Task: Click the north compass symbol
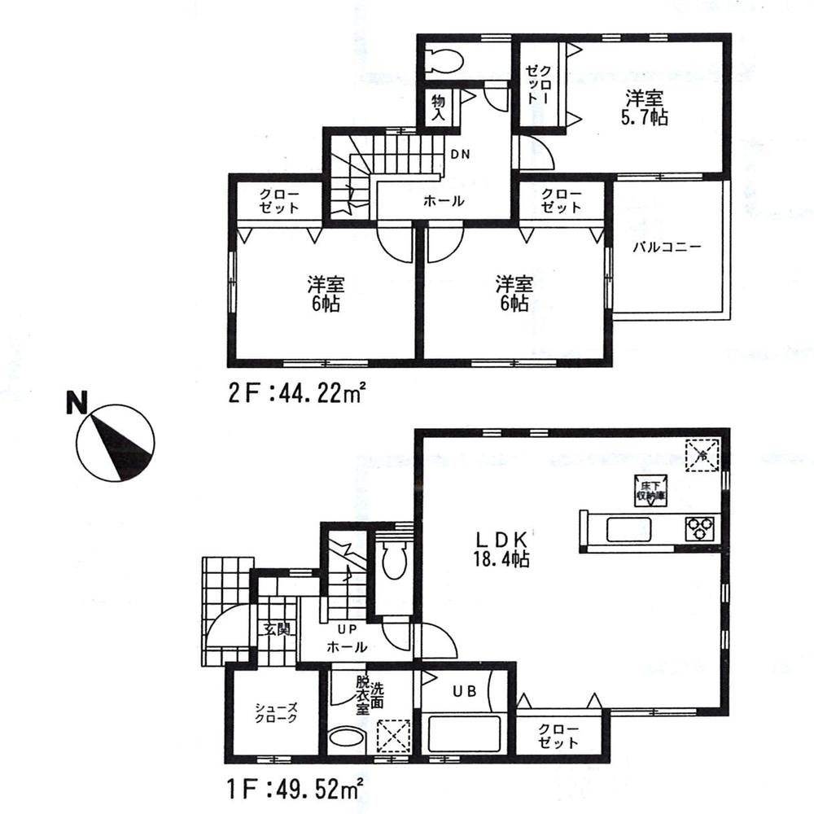[115, 443]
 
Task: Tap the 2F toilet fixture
[444, 58]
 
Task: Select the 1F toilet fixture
[393, 562]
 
